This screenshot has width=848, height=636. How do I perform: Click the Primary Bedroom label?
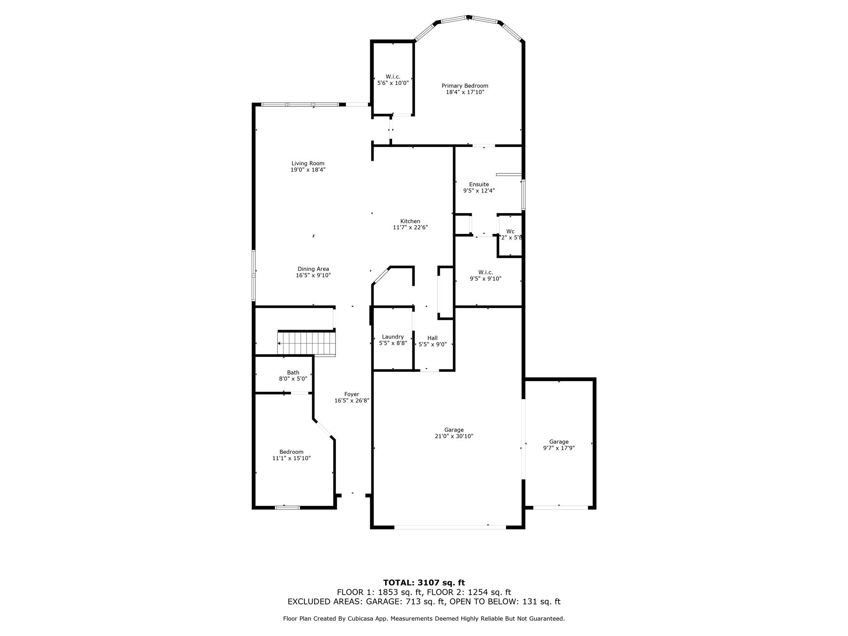pos(465,86)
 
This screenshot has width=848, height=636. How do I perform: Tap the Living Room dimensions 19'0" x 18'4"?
pos(308,170)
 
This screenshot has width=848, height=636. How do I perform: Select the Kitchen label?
pos(410,221)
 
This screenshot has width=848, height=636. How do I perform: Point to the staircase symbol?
pos(306,343)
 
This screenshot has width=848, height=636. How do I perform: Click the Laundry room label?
pos(393,337)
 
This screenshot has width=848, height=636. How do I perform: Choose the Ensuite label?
pos(479,184)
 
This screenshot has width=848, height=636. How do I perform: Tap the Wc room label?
pos(510,231)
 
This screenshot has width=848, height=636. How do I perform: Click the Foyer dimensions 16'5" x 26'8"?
pos(352,400)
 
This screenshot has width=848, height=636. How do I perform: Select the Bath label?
pos(293,372)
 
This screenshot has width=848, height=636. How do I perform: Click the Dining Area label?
pos(313,269)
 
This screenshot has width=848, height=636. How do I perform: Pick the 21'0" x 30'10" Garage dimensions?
pos(454,436)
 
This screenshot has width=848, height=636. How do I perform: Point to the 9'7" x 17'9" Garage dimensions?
pos(559,448)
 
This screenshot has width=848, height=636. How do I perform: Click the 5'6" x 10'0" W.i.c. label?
pos(393,77)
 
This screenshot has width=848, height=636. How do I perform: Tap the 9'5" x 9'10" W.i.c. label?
pos(485,272)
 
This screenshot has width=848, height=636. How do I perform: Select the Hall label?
pos(432,338)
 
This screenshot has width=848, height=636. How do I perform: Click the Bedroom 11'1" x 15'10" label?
pos(291,452)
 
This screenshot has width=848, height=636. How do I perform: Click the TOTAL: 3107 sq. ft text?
pos(424,583)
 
